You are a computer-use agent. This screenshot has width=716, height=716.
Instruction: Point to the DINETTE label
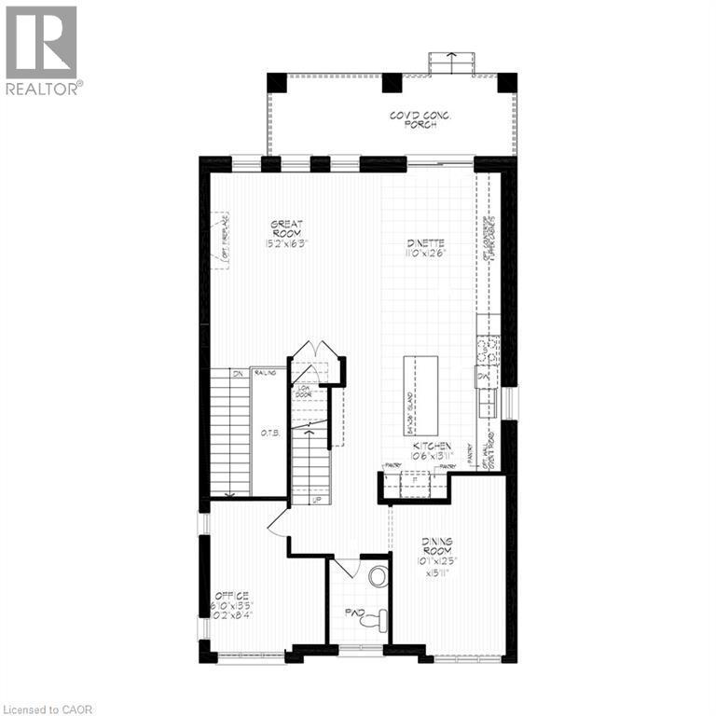click(x=426, y=244)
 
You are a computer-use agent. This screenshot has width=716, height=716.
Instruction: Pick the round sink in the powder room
click(x=378, y=576)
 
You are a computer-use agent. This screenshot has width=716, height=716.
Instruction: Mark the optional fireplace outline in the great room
click(x=220, y=241)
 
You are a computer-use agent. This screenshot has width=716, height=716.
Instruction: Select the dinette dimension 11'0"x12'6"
click(x=426, y=253)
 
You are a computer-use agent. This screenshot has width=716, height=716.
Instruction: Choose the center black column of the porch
click(x=392, y=82)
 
